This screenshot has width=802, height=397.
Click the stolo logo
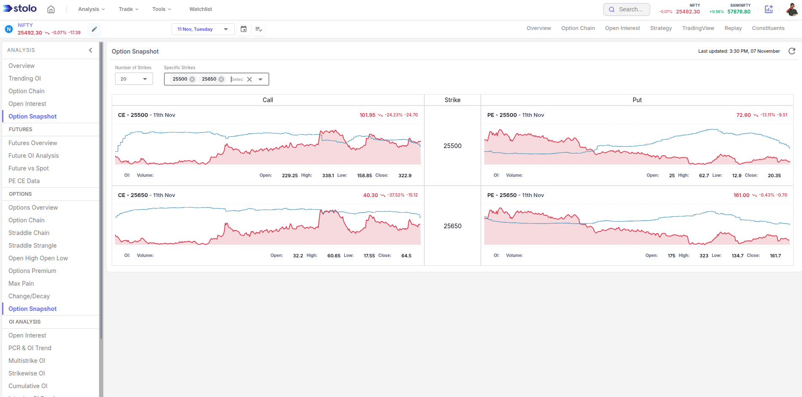(x=20, y=8)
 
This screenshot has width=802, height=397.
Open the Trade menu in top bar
(x=128, y=9)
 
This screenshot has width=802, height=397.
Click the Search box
(x=627, y=9)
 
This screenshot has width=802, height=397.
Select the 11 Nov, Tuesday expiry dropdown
(x=203, y=29)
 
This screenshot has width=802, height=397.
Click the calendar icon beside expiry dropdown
(x=244, y=29)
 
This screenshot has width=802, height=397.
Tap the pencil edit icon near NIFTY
(x=94, y=29)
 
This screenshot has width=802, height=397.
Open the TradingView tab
(x=698, y=28)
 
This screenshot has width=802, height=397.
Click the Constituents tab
(x=768, y=28)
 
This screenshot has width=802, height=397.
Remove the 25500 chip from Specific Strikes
(x=192, y=79)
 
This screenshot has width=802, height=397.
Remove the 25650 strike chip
(x=221, y=79)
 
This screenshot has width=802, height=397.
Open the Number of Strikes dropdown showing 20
(x=134, y=79)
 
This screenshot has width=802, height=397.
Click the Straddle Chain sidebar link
(x=29, y=233)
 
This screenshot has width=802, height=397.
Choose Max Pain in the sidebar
(x=21, y=284)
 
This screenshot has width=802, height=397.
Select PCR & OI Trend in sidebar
(x=30, y=348)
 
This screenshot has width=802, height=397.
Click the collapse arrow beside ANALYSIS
(x=90, y=50)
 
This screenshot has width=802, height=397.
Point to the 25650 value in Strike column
(x=452, y=226)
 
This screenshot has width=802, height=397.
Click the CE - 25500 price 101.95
(x=367, y=115)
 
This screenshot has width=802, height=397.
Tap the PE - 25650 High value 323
(x=704, y=256)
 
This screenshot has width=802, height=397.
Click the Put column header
(x=637, y=100)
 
